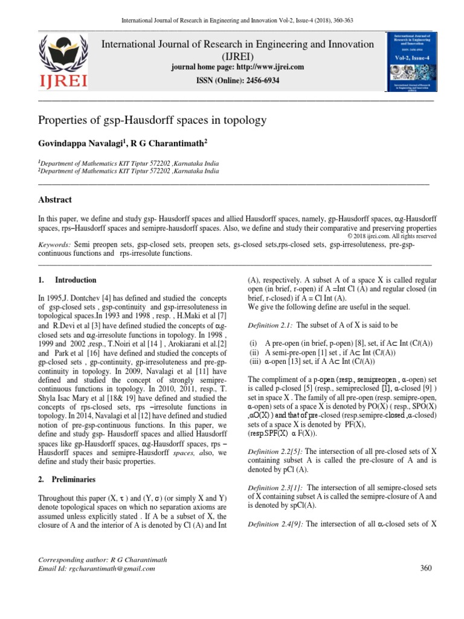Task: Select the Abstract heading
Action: pos(55,199)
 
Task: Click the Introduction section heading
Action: pos(76,280)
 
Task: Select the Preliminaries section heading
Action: pos(75,479)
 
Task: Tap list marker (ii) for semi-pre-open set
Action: pos(254,353)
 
